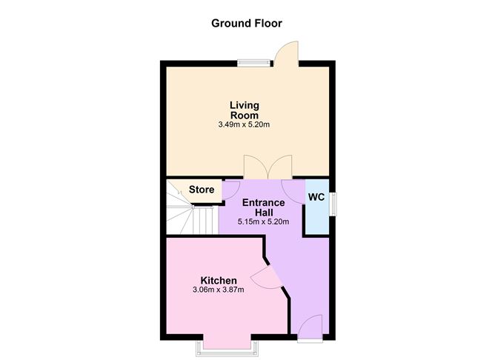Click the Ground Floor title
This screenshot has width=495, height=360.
(x=247, y=24)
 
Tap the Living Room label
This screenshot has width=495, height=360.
(x=245, y=110)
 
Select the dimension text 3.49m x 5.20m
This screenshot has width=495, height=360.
(x=244, y=124)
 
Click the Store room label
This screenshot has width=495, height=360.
(x=202, y=190)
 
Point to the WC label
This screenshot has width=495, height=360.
(x=316, y=197)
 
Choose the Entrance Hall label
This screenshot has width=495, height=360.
(x=264, y=207)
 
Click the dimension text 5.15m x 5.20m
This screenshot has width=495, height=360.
(x=263, y=221)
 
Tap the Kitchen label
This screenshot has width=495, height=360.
(x=219, y=280)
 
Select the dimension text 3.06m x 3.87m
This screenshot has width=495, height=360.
(x=219, y=290)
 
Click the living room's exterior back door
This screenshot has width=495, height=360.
(x=286, y=54)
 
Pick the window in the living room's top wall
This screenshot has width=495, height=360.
(x=254, y=64)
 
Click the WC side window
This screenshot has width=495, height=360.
(x=333, y=204)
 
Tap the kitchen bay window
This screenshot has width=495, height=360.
(x=227, y=347)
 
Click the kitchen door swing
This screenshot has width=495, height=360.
(x=267, y=278)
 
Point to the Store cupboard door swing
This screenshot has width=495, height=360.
(x=230, y=190)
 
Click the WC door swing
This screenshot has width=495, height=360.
(x=293, y=191)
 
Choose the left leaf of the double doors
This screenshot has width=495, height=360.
(x=256, y=167)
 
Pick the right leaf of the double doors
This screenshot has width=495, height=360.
(x=280, y=167)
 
